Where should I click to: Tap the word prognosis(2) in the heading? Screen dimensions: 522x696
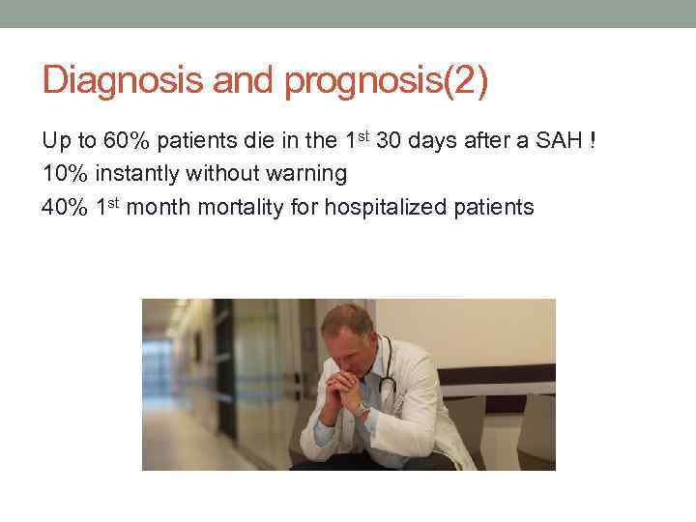point(386,81)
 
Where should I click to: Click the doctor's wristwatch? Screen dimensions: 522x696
point(362,409)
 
